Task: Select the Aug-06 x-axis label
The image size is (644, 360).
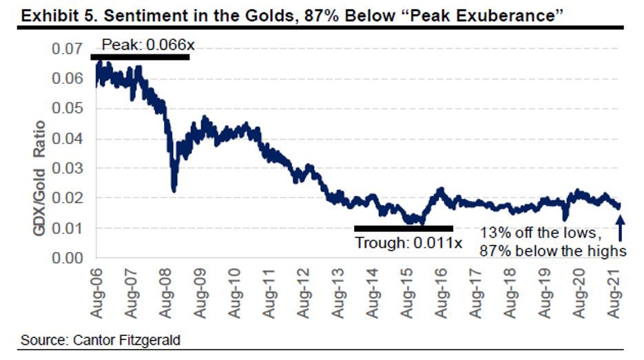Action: click(96, 292)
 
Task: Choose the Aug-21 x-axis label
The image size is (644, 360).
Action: click(619, 292)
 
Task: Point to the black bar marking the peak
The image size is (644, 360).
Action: click(140, 56)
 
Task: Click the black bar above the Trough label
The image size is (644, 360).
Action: click(403, 229)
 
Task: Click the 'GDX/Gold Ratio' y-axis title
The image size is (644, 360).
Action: click(39, 178)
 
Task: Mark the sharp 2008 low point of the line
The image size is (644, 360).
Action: click(174, 190)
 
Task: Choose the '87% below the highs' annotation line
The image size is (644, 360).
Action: click(553, 251)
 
